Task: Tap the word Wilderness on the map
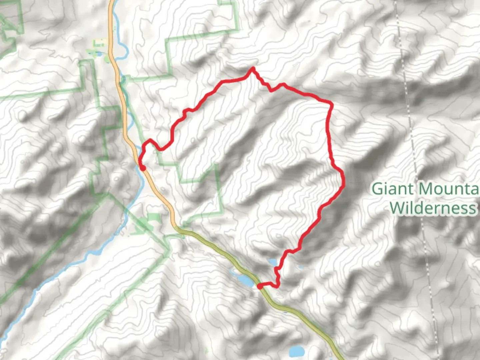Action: click(433, 208)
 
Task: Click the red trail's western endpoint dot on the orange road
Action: click(142, 168)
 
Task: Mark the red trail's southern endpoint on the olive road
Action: click(260, 286)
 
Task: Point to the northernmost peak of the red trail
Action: click(253, 69)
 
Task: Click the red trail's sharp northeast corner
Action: click(331, 105)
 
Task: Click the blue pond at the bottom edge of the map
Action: click(297, 351)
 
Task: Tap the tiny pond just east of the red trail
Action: click(301, 267)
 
